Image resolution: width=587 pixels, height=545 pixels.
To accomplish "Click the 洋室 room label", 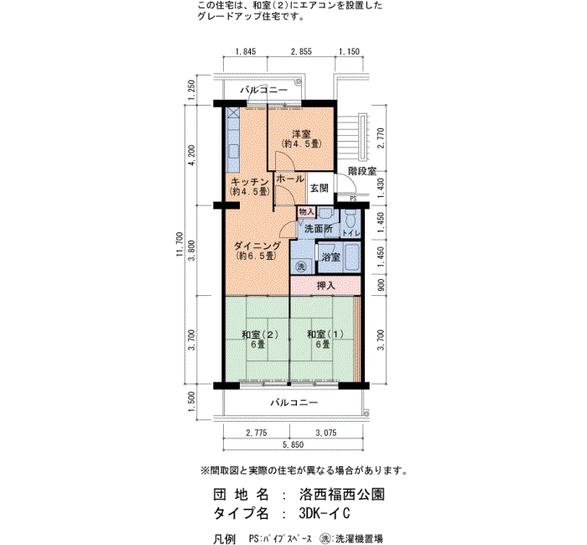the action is pos(301,133).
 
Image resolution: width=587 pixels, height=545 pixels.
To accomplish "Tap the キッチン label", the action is pos(250,182).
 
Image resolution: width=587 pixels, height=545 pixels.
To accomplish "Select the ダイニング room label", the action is pos(257,247).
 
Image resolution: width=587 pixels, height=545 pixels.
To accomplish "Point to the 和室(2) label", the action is pos(259,335).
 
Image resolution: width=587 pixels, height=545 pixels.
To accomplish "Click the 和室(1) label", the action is pos(325,335).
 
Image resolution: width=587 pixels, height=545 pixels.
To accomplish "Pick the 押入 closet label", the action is pos(325,286).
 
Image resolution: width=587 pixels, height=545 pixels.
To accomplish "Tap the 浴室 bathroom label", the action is pos(331,257).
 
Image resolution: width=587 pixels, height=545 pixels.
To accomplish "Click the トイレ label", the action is pos(351,233).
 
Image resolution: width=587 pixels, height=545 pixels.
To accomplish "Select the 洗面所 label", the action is pos(319,229).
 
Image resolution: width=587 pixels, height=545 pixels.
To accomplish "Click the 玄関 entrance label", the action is pos(319,189).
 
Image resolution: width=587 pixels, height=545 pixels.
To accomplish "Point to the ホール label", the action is pos(290,179).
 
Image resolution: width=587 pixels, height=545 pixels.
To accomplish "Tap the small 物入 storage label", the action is pos(307,212).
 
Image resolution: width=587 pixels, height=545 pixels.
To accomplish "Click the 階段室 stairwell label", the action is pos(362,171).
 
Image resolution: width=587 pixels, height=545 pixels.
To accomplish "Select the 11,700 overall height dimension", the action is pos(180,245).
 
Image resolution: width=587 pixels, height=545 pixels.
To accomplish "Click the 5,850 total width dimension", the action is pos(293,444).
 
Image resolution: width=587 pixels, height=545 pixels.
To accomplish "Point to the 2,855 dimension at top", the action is pos(301,51).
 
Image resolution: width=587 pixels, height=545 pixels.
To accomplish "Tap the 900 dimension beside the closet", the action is pos(381,286).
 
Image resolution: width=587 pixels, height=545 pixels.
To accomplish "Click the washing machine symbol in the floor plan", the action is pos(301,267).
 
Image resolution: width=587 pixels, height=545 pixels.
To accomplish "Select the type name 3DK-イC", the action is pos(325,513).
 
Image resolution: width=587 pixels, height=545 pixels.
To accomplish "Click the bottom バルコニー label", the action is pos(294,402).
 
